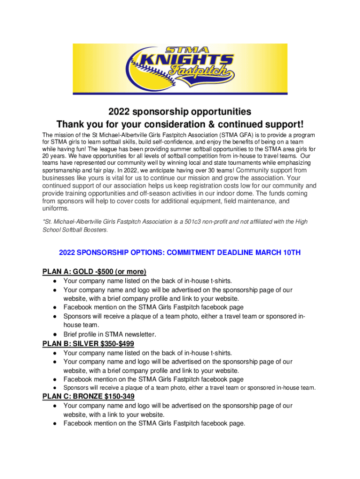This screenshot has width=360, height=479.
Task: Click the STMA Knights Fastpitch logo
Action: [x=180, y=68]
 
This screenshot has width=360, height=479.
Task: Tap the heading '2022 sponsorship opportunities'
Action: [x=180, y=112]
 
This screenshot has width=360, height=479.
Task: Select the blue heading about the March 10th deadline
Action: [x=180, y=253]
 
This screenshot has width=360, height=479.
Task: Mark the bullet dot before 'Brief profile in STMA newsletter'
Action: [x=55, y=334]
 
